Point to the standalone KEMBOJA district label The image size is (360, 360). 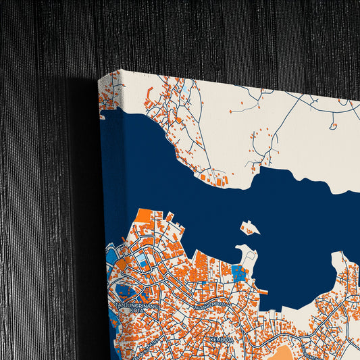221,339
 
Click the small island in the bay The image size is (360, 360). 250,227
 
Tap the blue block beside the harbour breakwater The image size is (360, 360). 239,273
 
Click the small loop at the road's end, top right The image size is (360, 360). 333,125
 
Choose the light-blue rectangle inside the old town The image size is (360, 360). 141,260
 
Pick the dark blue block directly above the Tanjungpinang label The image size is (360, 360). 125,292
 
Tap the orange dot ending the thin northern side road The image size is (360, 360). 230,111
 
